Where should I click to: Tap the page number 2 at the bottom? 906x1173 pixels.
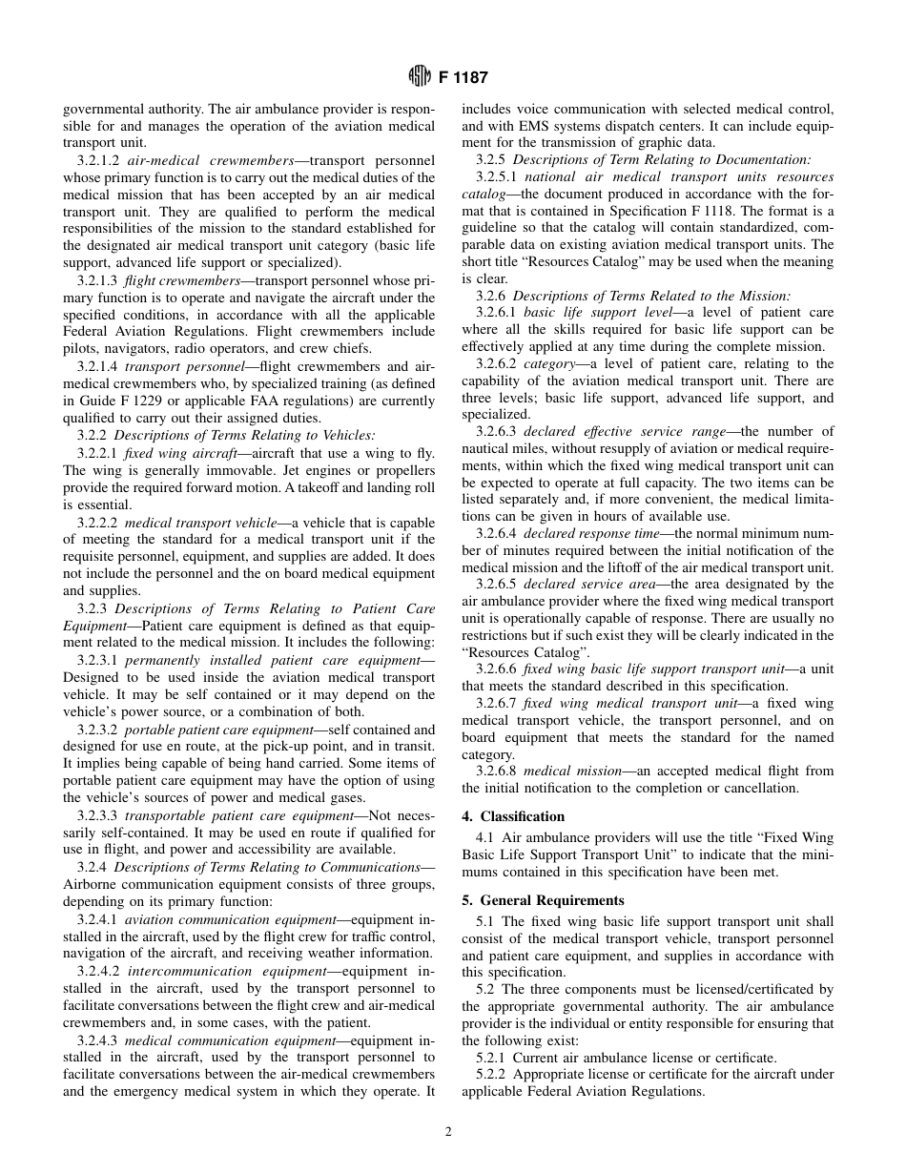(x=448, y=1132)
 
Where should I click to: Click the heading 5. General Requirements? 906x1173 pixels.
(x=543, y=900)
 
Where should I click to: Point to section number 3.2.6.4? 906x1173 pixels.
(x=496, y=533)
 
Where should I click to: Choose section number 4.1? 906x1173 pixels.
(x=484, y=837)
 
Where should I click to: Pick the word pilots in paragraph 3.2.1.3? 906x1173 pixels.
(x=81, y=348)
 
